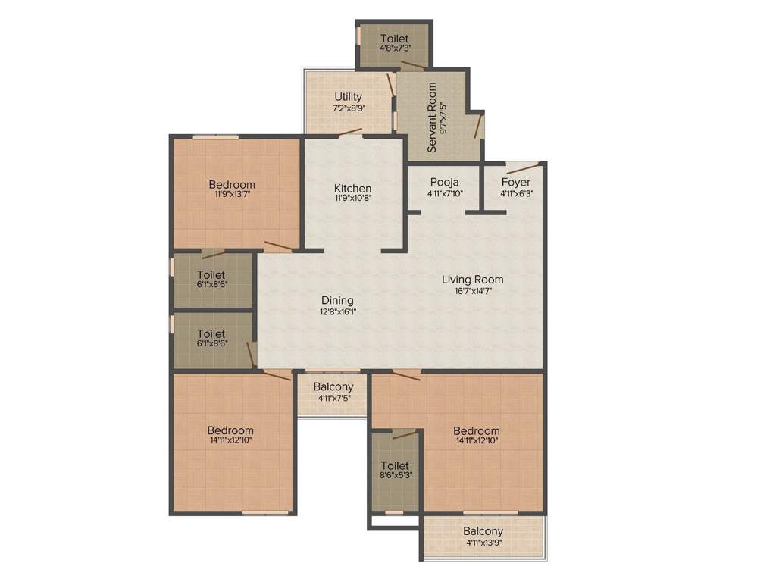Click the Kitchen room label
coord(353,188)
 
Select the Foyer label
coord(515,182)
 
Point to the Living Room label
coord(473,280)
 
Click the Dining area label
coord(337,300)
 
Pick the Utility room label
coord(348,97)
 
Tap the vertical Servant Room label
coord(432,117)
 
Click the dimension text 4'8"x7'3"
coord(394,49)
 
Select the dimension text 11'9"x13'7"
coord(232,195)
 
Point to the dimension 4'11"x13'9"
coord(483,543)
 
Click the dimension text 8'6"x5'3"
coord(395,476)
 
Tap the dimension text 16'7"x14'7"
coord(473,290)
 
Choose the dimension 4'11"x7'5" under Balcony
coord(333,398)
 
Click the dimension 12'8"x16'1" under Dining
coord(337,311)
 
